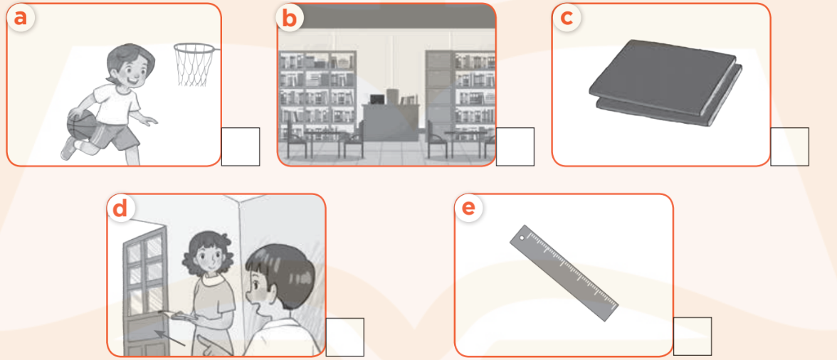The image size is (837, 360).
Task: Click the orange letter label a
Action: [x=21, y=18]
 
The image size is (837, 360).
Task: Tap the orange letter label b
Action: [x=290, y=18]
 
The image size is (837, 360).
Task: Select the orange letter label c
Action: [x=567, y=18]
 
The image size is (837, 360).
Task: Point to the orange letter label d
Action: [x=120, y=208]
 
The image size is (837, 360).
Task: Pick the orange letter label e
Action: [x=468, y=208]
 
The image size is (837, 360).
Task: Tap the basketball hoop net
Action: [x=193, y=65]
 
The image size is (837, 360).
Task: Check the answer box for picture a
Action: [x=240, y=147]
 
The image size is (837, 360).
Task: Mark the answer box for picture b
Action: [x=515, y=147]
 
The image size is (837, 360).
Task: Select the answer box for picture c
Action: [x=789, y=147]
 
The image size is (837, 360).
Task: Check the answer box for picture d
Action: [x=344, y=337]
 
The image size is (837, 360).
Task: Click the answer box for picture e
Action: [x=692, y=337]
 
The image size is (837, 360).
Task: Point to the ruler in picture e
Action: [x=564, y=273]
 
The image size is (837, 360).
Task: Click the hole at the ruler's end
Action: [x=522, y=238]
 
